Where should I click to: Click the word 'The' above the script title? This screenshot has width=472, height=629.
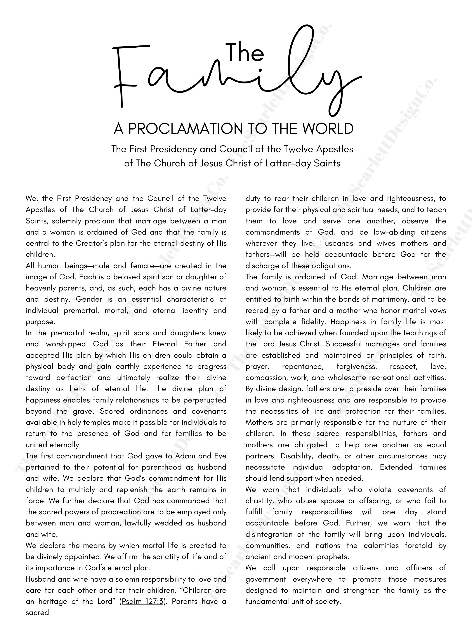[246, 52]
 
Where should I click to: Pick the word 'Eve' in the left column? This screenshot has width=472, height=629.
[219, 456]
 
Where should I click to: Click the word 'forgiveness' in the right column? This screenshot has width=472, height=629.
[356, 366]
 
